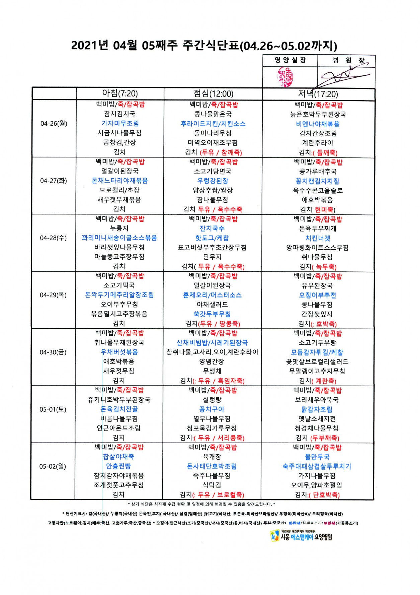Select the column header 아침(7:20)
point(120,93)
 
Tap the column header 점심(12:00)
point(213,94)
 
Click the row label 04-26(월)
point(54,123)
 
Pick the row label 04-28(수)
point(53,238)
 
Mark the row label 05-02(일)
point(53,466)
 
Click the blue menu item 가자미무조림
point(120,123)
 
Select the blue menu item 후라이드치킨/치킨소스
point(213,124)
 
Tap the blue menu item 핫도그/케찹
point(212,238)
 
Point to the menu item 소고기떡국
point(119,285)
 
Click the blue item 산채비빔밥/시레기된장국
point(212,343)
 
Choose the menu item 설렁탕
point(212,400)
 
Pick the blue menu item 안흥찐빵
point(118,466)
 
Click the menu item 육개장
point(212,457)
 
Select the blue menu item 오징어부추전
point(317,295)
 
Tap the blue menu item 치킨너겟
point(318,238)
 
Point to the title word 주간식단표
point(211,46)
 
